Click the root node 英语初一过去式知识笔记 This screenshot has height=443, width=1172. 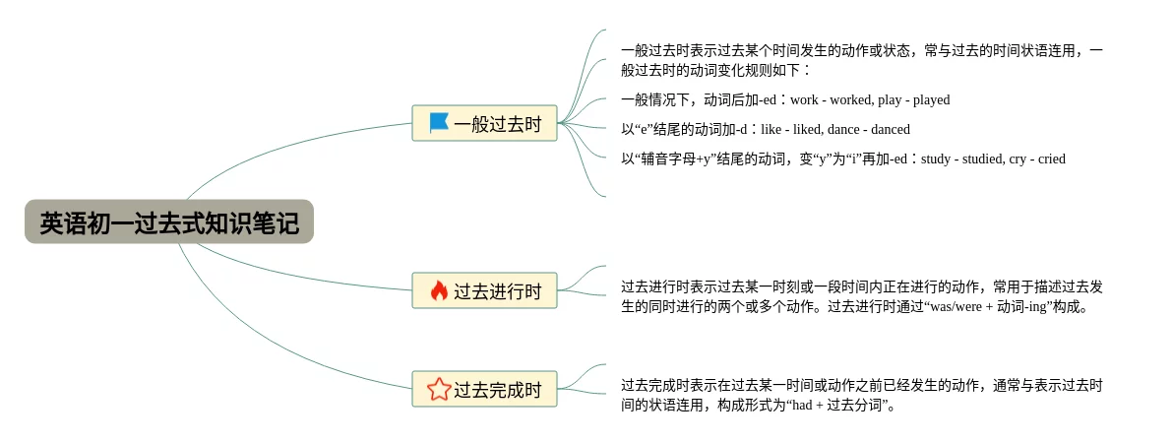click(x=168, y=222)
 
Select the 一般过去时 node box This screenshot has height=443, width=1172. click(x=484, y=123)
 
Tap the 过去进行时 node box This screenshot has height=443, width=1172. click(x=484, y=290)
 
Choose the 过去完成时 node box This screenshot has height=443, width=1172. click(x=484, y=389)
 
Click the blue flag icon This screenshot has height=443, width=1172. click(x=439, y=123)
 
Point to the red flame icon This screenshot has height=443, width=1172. click(x=439, y=290)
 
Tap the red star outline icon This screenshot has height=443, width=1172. click(x=439, y=389)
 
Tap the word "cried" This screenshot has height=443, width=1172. click(x=1050, y=159)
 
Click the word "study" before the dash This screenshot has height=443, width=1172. click(x=936, y=159)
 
